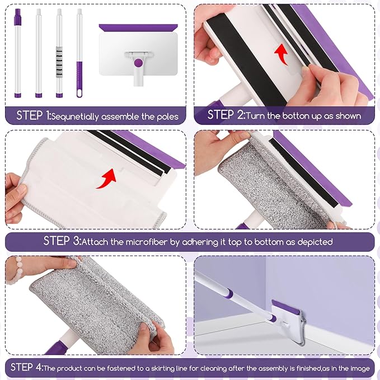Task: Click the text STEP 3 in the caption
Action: (x=62, y=242)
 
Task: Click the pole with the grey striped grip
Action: (x=59, y=53)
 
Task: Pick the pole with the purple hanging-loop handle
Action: (x=79, y=53)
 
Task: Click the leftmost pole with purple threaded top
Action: (x=17, y=53)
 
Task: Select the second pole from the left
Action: (x=39, y=53)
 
